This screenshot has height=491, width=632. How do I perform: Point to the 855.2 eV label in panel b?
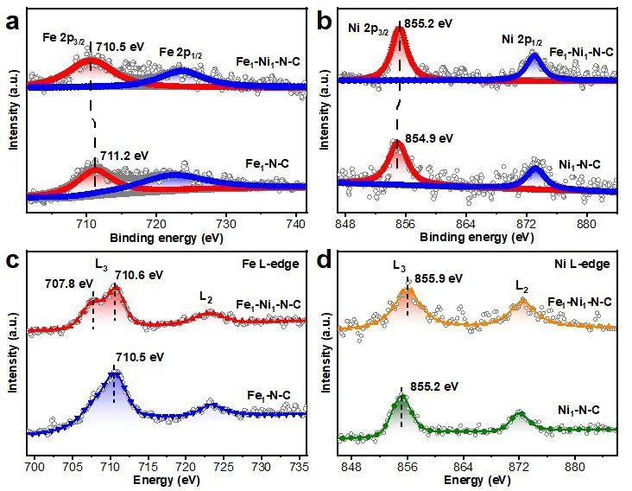tap(429, 23)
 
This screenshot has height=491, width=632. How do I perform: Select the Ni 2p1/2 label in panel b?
tap(523, 40)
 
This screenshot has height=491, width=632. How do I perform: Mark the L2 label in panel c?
tap(206, 297)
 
